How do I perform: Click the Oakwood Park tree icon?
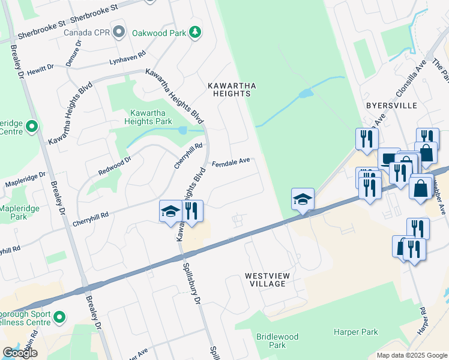(194, 32)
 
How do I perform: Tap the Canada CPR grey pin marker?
(119, 31)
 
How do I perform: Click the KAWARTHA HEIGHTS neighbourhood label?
(232, 89)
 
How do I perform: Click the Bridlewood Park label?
(277, 341)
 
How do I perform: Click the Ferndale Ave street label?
(230, 162)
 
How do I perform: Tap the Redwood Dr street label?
(115, 166)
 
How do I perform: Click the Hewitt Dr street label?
(40, 70)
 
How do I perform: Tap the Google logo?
(20, 353)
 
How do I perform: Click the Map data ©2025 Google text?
(411, 355)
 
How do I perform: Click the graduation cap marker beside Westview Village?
(303, 200)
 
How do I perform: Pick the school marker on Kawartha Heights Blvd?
(170, 212)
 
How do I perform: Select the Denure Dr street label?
(73, 59)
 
